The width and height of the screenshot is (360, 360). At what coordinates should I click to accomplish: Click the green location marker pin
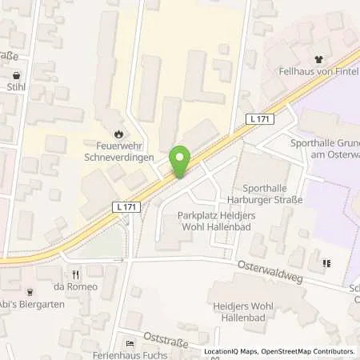[180, 160]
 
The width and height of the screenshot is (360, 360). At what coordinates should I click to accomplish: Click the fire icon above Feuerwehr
[119, 134]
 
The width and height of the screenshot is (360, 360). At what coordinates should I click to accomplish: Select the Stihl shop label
[16, 88]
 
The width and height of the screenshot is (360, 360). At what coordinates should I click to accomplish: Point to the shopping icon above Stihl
[16, 75]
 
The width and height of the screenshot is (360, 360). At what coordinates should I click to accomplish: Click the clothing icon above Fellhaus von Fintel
[319, 58]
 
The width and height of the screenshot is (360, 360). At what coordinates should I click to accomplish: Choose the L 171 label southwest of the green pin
[122, 207]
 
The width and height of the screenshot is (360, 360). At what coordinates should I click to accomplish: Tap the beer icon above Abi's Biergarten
[30, 292]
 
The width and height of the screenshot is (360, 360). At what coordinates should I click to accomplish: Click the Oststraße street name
[166, 342]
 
